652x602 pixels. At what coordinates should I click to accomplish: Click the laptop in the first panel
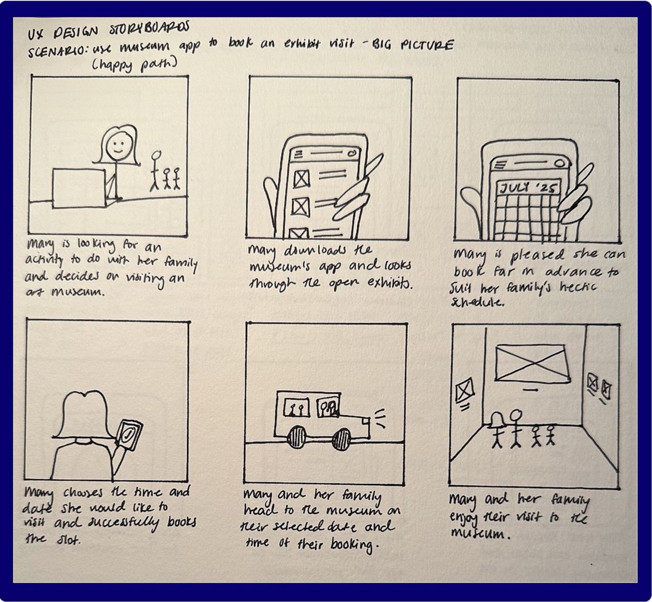pos(79,188)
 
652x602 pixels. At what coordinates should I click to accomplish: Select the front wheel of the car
pos(341,439)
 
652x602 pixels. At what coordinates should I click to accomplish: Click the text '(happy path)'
pos(134,64)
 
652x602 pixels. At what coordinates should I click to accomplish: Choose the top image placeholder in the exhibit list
pos(301,178)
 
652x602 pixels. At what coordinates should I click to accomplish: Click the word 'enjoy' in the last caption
pos(465,518)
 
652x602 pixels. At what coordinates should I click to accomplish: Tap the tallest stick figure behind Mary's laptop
pos(155,170)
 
